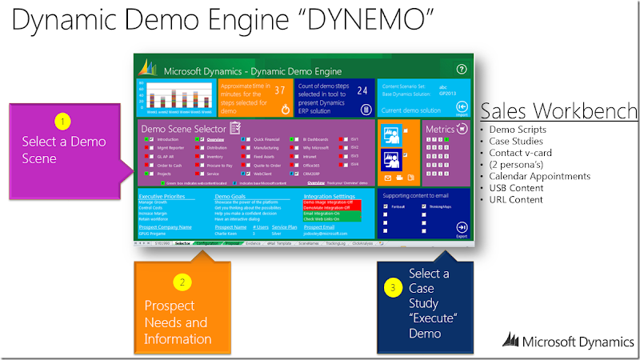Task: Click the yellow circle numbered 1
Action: pos(63,122)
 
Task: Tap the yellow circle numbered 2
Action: pos(182,282)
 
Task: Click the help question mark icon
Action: pos(461,70)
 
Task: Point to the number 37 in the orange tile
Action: pos(280,91)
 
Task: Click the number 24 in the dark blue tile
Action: pos(362,91)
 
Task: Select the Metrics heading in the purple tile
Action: pos(440,129)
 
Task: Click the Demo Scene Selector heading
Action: pos(185,128)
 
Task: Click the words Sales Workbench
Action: pos(559,110)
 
